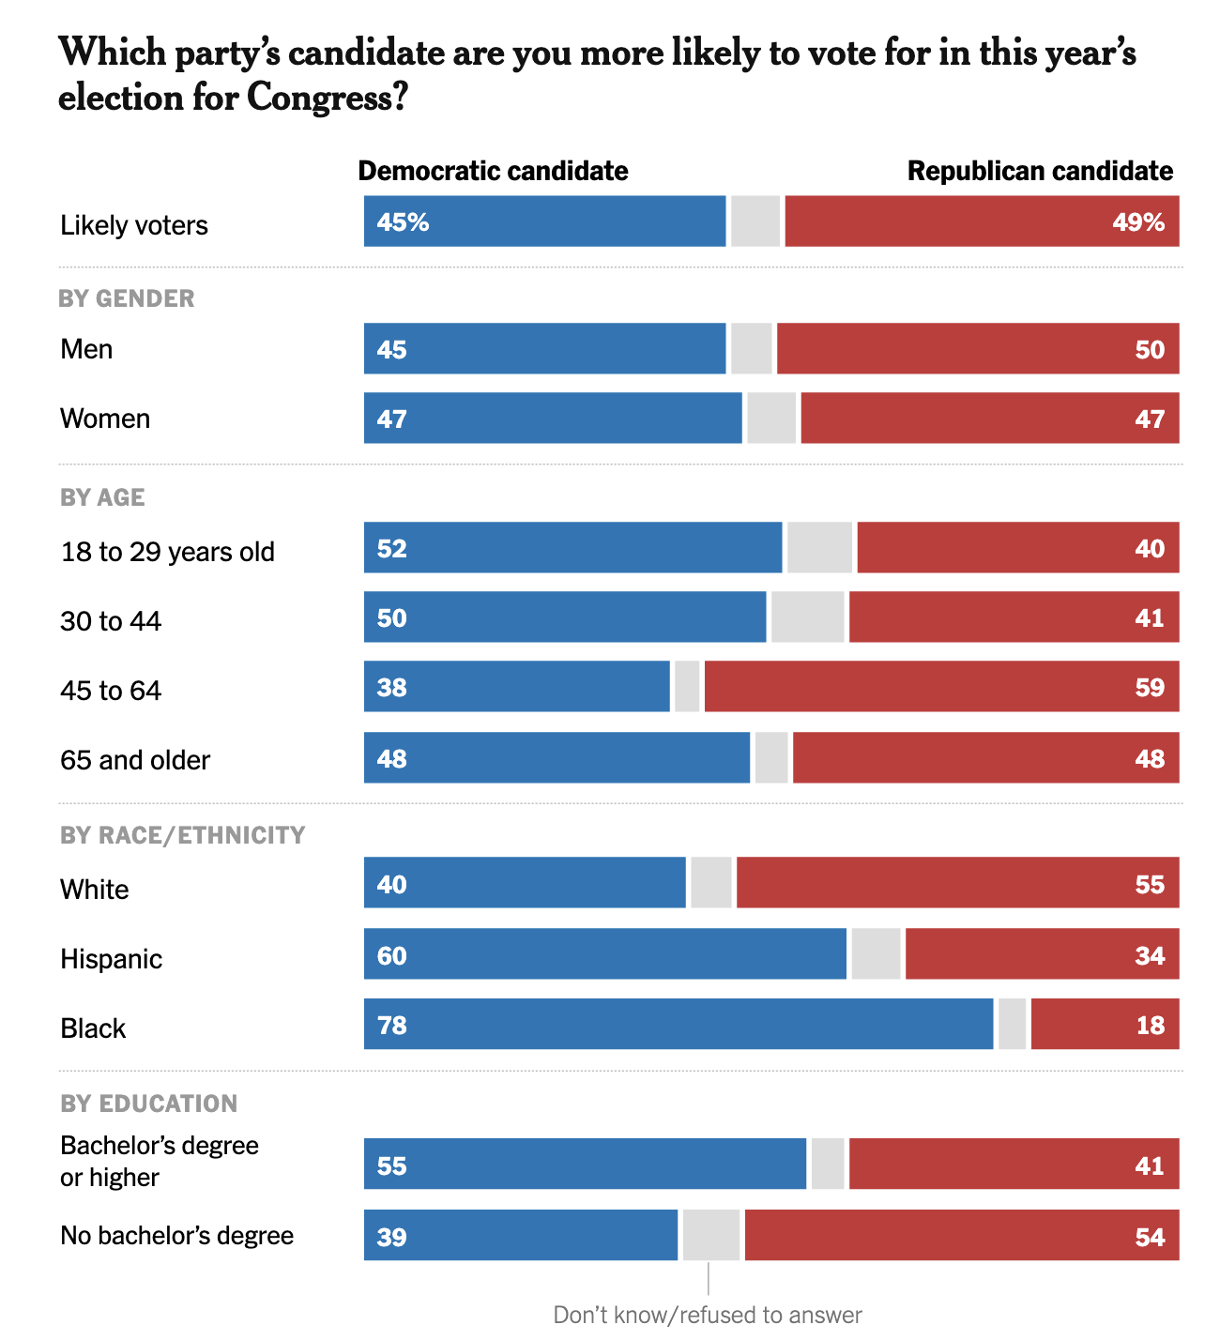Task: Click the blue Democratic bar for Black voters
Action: [x=679, y=1024]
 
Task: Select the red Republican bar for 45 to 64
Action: [x=941, y=686]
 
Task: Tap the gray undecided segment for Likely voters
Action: [x=755, y=221]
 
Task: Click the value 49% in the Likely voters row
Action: [x=1138, y=222]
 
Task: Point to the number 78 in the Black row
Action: [x=391, y=1025]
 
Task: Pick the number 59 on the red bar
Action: [x=1150, y=687]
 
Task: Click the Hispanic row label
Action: [x=111, y=958]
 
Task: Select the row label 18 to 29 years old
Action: [x=167, y=551]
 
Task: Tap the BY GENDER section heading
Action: [x=127, y=298]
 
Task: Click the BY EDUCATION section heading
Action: [x=148, y=1104]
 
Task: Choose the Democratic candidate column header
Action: [x=493, y=171]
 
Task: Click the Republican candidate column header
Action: [x=1040, y=171]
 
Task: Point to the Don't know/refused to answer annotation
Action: [x=707, y=1315]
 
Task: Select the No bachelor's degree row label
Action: [x=176, y=1235]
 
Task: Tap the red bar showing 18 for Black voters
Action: [x=1105, y=1024]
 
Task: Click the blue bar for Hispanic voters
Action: [x=605, y=954]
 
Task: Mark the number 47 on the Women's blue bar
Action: [x=391, y=419]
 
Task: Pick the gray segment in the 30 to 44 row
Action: [x=808, y=617]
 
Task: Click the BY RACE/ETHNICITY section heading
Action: [x=182, y=835]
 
